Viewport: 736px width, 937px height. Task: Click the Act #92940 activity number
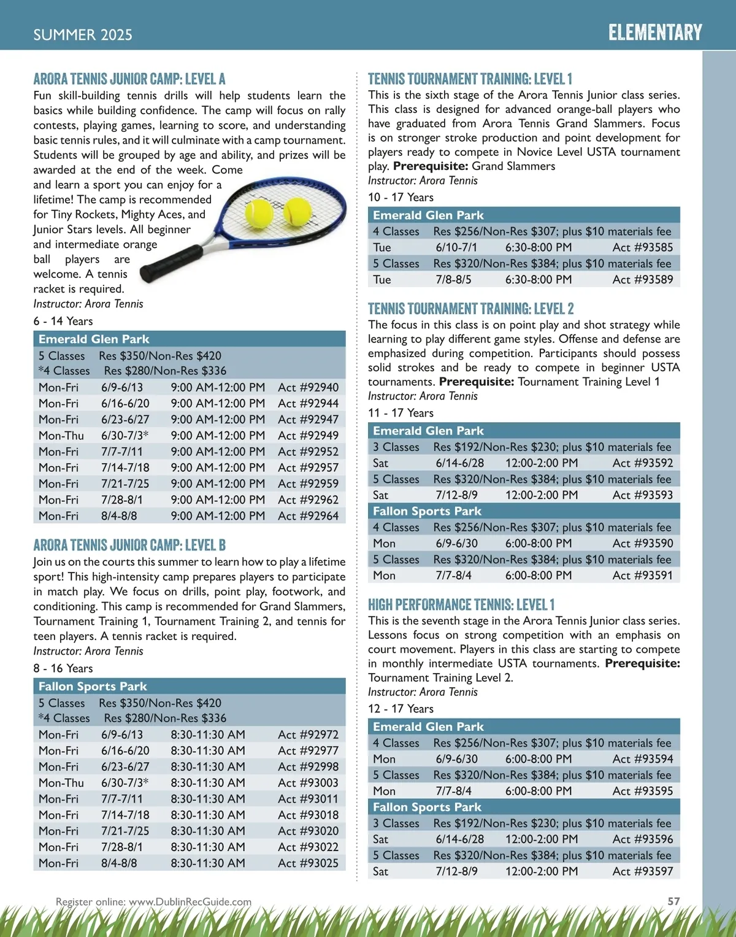308,387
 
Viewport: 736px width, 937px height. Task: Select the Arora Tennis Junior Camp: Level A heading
129,79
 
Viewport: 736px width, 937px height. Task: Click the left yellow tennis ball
259,213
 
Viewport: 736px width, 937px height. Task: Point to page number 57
673,901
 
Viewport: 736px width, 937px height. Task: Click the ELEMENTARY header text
655,33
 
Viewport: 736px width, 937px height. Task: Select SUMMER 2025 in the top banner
83,35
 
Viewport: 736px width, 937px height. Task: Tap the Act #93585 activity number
642,247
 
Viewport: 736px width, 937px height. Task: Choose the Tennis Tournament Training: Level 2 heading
470,309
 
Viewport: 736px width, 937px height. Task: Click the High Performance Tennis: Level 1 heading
461,604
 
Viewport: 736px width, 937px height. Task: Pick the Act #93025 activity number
308,863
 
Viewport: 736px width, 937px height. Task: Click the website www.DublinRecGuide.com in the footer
190,901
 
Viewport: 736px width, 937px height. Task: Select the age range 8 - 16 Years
63,668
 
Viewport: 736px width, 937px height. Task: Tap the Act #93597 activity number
642,871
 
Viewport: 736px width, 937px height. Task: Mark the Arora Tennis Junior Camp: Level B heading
129,545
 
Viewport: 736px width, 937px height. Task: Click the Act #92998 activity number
308,766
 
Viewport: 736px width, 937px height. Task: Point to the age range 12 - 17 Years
401,709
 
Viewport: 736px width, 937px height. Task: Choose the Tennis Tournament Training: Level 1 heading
470,79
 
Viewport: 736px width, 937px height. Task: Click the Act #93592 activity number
642,463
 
